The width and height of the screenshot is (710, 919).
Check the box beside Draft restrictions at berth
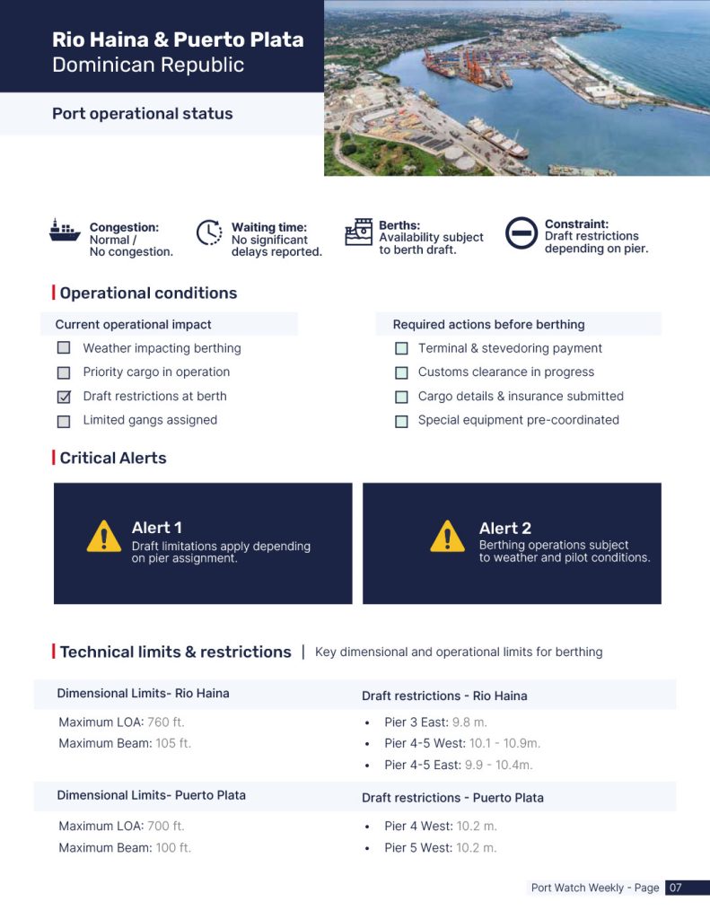coord(64,397)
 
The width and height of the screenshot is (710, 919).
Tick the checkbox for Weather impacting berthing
coord(64,348)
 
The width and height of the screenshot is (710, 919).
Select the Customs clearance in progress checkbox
coord(401,372)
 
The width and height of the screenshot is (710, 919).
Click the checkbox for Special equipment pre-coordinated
coord(401,421)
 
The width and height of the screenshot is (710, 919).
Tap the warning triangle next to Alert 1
coord(104,537)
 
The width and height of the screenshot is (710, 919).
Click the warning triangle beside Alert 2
coord(447,537)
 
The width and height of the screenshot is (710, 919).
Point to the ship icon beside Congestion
coord(65,231)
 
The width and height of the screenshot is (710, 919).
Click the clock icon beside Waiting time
coord(209,232)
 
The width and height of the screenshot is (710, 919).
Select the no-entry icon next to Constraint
coord(521,232)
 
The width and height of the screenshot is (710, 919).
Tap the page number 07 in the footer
coord(676,888)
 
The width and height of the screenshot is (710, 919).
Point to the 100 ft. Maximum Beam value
coord(174,848)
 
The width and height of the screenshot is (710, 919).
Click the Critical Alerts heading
coord(113,458)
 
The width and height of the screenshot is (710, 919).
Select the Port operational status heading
coord(142,114)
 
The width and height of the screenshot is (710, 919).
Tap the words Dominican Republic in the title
coord(148,65)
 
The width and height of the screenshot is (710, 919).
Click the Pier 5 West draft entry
coord(440,848)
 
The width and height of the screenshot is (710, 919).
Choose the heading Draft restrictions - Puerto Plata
coord(452,798)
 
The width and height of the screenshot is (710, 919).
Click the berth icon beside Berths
coord(359,232)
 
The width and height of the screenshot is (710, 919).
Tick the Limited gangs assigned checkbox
coord(64,421)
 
